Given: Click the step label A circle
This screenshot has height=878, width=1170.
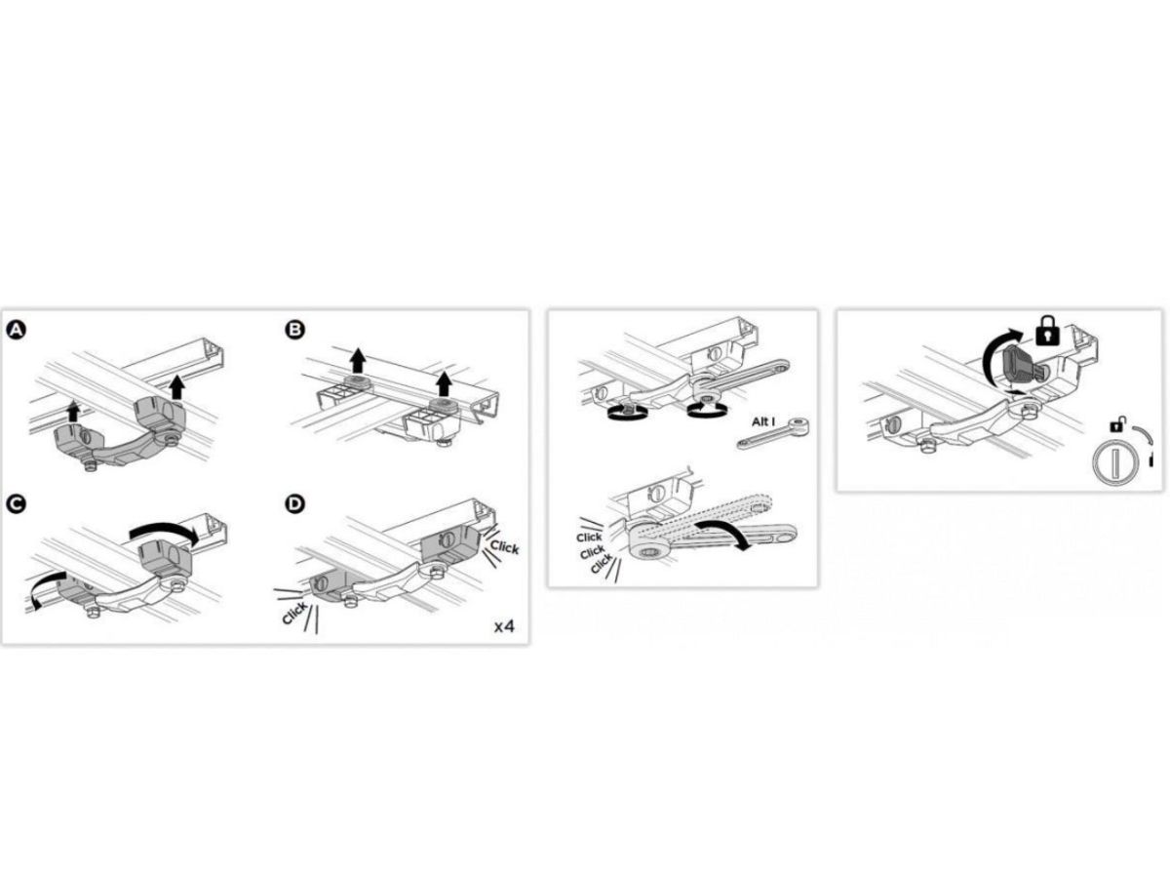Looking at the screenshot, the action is (x=16, y=330).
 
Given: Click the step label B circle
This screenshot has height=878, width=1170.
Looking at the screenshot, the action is (x=294, y=330).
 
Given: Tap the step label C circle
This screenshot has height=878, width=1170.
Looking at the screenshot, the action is (x=16, y=503).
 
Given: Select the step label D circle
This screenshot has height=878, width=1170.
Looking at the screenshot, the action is (x=294, y=503).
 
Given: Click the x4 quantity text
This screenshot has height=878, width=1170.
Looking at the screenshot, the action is (x=504, y=626).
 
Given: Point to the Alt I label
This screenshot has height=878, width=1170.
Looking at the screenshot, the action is (x=762, y=422).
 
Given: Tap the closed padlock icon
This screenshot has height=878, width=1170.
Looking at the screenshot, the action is (x=1047, y=331).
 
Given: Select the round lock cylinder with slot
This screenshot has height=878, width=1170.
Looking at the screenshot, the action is (x=1115, y=463).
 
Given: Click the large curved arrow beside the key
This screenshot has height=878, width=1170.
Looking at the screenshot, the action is (x=994, y=352).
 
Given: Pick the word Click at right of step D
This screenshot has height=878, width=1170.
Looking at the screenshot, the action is (x=504, y=547).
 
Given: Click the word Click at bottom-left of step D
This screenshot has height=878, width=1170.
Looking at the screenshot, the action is (x=294, y=613).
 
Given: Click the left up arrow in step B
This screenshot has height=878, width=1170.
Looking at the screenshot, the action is (x=358, y=360).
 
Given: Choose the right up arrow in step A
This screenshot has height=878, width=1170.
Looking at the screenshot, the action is (x=177, y=386).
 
